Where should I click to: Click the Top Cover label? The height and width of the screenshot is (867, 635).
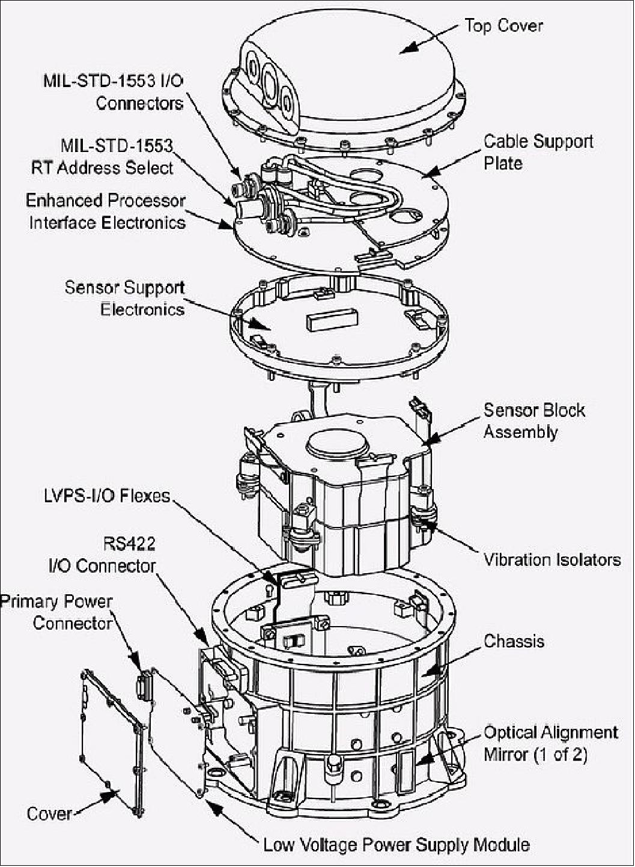[x=503, y=26]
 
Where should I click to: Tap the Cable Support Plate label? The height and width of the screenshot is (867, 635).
[x=538, y=152]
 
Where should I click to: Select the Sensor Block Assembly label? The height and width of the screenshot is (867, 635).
[x=534, y=421]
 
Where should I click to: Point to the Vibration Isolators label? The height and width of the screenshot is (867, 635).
[x=551, y=560]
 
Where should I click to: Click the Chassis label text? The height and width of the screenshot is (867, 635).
[x=514, y=641]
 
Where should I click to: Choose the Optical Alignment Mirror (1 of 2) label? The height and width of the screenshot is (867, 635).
[x=550, y=743]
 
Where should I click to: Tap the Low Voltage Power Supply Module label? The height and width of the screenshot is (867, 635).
[x=396, y=845]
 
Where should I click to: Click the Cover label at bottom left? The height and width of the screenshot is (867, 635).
[x=49, y=814]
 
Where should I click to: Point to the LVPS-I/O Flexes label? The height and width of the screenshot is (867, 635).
[x=107, y=496]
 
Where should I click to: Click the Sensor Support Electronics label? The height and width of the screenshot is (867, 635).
[x=124, y=298]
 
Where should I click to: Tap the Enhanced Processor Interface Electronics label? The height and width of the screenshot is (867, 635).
[x=106, y=211]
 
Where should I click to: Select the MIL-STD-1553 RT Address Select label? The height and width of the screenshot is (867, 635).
[x=102, y=156]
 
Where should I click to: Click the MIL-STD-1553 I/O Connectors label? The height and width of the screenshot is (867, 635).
[x=113, y=91]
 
